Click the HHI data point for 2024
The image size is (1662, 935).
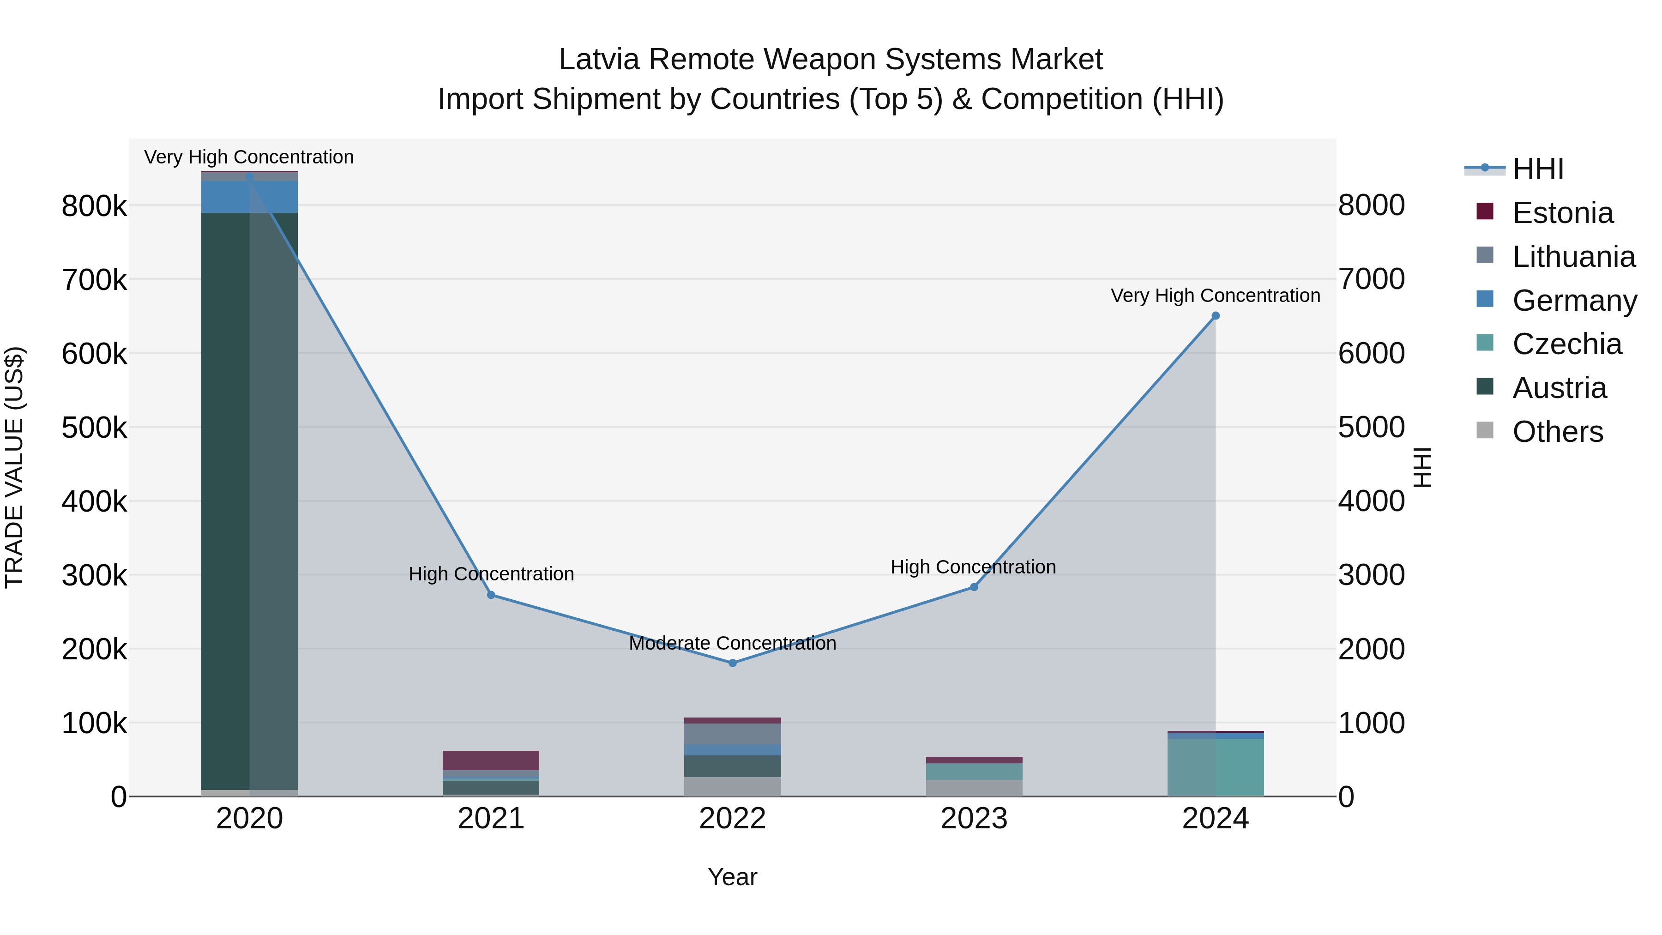pos(1216,315)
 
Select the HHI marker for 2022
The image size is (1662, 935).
pos(732,663)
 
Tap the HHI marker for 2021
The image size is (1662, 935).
pos(491,595)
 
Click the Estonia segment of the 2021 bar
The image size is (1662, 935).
pos(491,760)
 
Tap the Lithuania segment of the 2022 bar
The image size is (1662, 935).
pos(732,734)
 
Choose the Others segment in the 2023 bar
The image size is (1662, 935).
pos(974,788)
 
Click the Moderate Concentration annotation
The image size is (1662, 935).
pos(732,643)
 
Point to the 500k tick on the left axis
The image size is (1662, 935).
pos(94,427)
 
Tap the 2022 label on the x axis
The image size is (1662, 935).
pos(732,819)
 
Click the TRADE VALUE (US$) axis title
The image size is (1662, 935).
pos(14,467)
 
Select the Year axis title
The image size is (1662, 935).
pos(732,877)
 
